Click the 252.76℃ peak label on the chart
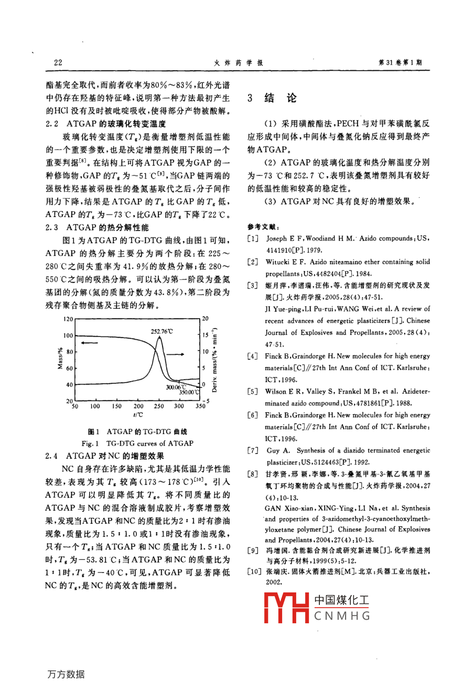coord(161,332)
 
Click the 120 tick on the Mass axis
coord(68,319)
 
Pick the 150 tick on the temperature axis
coord(116,406)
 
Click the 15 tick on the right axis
coord(206,335)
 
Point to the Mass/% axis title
coord(60,359)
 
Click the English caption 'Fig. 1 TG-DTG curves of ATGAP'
coord(138,443)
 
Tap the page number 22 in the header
coord(58,62)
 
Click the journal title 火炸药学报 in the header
coord(239,62)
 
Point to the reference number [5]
coord(253,392)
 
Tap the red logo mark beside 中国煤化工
coord(286,608)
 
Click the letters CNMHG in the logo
coord(342,616)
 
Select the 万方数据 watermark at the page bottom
coord(66,674)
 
